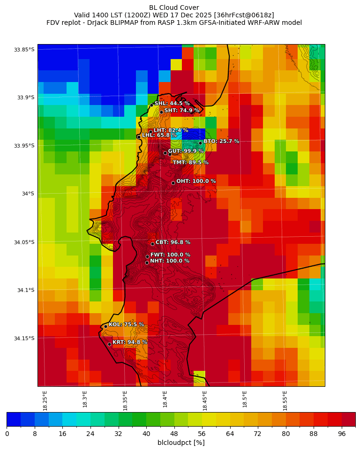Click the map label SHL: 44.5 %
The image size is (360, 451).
(172, 103)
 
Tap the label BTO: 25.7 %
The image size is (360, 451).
(221, 141)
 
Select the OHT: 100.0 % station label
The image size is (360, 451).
(196, 181)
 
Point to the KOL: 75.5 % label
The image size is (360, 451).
(126, 324)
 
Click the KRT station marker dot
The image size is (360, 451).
(109, 344)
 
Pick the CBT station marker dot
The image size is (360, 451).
(152, 244)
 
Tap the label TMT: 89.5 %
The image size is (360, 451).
(190, 162)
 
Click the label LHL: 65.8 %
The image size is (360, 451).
(159, 135)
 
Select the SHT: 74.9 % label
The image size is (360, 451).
(181, 110)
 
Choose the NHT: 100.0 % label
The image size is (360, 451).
(170, 261)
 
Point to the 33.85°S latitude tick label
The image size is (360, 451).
(24, 50)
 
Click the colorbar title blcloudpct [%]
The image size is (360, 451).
(181, 443)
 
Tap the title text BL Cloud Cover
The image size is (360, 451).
(174, 8)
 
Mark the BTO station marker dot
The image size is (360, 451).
(200, 143)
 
